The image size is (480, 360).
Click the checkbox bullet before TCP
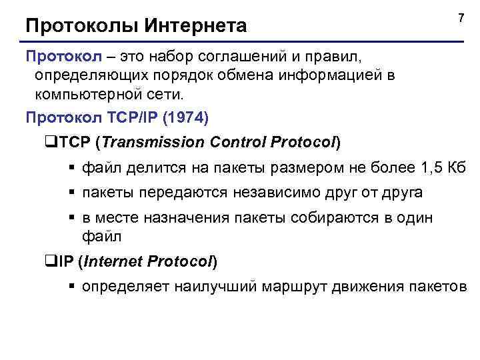[x=46, y=143]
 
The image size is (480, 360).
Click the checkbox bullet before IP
[x=46, y=262]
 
